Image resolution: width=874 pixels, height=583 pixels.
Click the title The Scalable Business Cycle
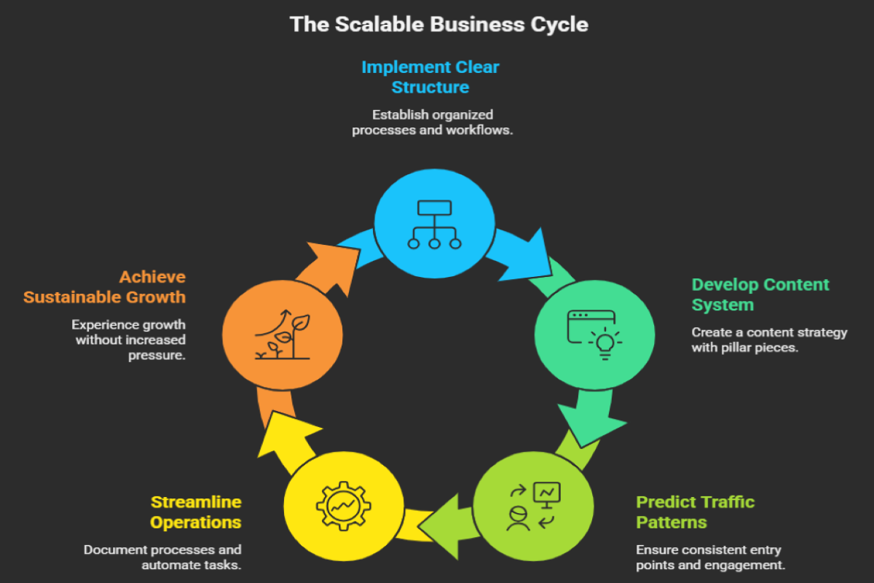(438, 24)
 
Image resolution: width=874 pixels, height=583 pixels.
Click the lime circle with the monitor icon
(533, 504)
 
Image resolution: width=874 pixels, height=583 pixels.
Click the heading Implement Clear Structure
(430, 77)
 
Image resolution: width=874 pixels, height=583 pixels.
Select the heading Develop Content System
(760, 294)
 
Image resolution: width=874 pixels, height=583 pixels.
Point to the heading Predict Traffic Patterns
(695, 512)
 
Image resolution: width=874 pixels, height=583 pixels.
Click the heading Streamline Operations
(195, 512)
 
